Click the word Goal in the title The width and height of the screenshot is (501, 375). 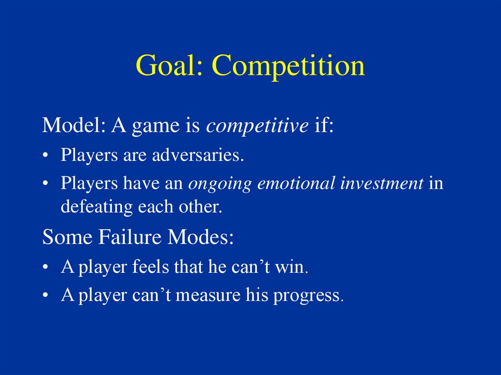169,66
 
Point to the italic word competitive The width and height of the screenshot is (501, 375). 257,126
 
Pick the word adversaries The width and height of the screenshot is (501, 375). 198,155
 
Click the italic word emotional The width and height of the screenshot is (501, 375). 296,183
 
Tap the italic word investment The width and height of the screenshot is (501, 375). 382,183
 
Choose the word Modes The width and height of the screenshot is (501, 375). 201,237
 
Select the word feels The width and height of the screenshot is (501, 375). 150,266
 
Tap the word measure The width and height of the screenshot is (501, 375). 207,295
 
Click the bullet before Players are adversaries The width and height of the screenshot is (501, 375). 46,155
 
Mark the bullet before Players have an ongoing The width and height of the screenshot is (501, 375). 46,184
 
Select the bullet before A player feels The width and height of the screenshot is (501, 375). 46,267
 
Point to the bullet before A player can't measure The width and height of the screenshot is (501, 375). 46,295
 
